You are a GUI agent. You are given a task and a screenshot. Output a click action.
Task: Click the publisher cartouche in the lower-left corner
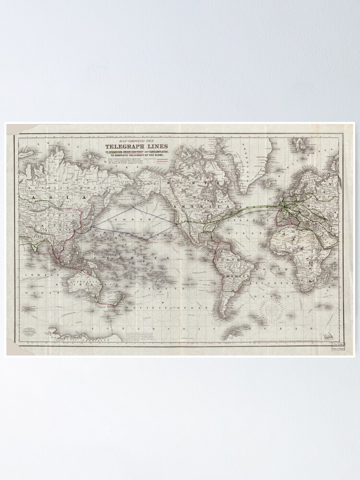(31, 332)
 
